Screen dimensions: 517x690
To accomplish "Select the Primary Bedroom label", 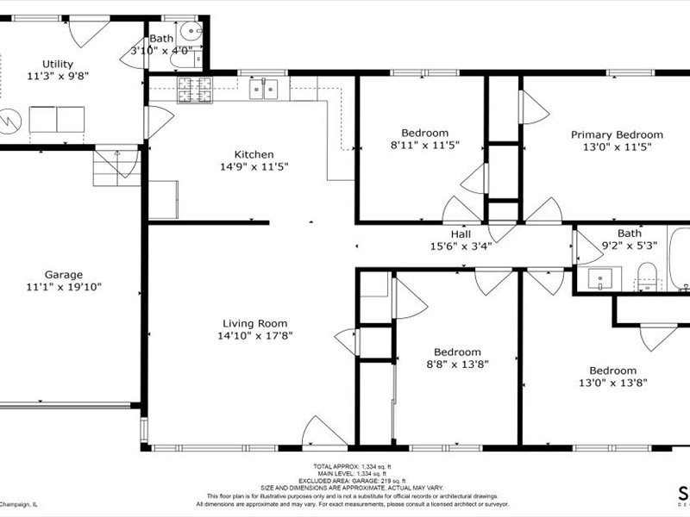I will pos(617,134).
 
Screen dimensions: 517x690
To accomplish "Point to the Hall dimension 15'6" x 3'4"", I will pos(460,247).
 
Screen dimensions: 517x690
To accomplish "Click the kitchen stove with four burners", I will pos(195,89).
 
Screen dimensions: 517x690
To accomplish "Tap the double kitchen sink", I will pos(265,88).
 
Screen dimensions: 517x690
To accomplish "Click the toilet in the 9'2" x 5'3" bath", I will pos(646,277).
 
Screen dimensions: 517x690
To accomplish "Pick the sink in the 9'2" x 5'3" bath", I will pos(604,277).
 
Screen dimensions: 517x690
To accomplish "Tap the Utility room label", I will pos(58,64).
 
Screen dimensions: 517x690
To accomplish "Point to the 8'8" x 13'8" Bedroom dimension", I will pos(457,364).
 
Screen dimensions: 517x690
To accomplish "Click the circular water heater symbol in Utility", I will pos(9,121).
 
